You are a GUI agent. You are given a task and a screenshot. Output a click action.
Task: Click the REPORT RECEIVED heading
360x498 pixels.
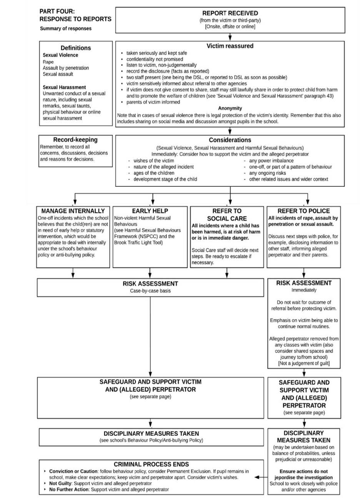(230, 13)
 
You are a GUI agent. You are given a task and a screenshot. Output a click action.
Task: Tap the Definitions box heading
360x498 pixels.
(76, 48)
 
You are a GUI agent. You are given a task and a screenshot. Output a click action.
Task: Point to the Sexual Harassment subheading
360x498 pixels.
(64, 87)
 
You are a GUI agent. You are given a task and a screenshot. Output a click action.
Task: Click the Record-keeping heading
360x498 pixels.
(75, 140)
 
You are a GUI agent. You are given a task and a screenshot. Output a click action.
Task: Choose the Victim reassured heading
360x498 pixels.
(230, 46)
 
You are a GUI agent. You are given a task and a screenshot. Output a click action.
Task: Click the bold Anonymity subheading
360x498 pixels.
(230, 108)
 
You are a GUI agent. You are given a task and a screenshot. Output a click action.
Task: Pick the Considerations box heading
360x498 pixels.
(230, 140)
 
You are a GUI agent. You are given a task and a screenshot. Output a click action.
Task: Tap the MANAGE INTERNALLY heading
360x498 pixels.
(73, 211)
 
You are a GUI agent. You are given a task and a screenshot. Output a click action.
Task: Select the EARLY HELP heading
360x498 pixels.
(150, 211)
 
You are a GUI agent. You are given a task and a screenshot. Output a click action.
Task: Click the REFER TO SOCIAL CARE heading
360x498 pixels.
(227, 215)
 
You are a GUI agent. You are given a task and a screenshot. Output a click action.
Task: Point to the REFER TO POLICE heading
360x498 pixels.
(304, 211)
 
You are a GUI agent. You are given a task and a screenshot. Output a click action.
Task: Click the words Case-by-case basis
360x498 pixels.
(150, 291)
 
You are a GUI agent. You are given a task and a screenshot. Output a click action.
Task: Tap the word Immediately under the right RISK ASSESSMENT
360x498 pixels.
(304, 290)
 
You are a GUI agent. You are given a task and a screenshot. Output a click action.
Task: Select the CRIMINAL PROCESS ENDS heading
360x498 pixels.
(151, 465)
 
